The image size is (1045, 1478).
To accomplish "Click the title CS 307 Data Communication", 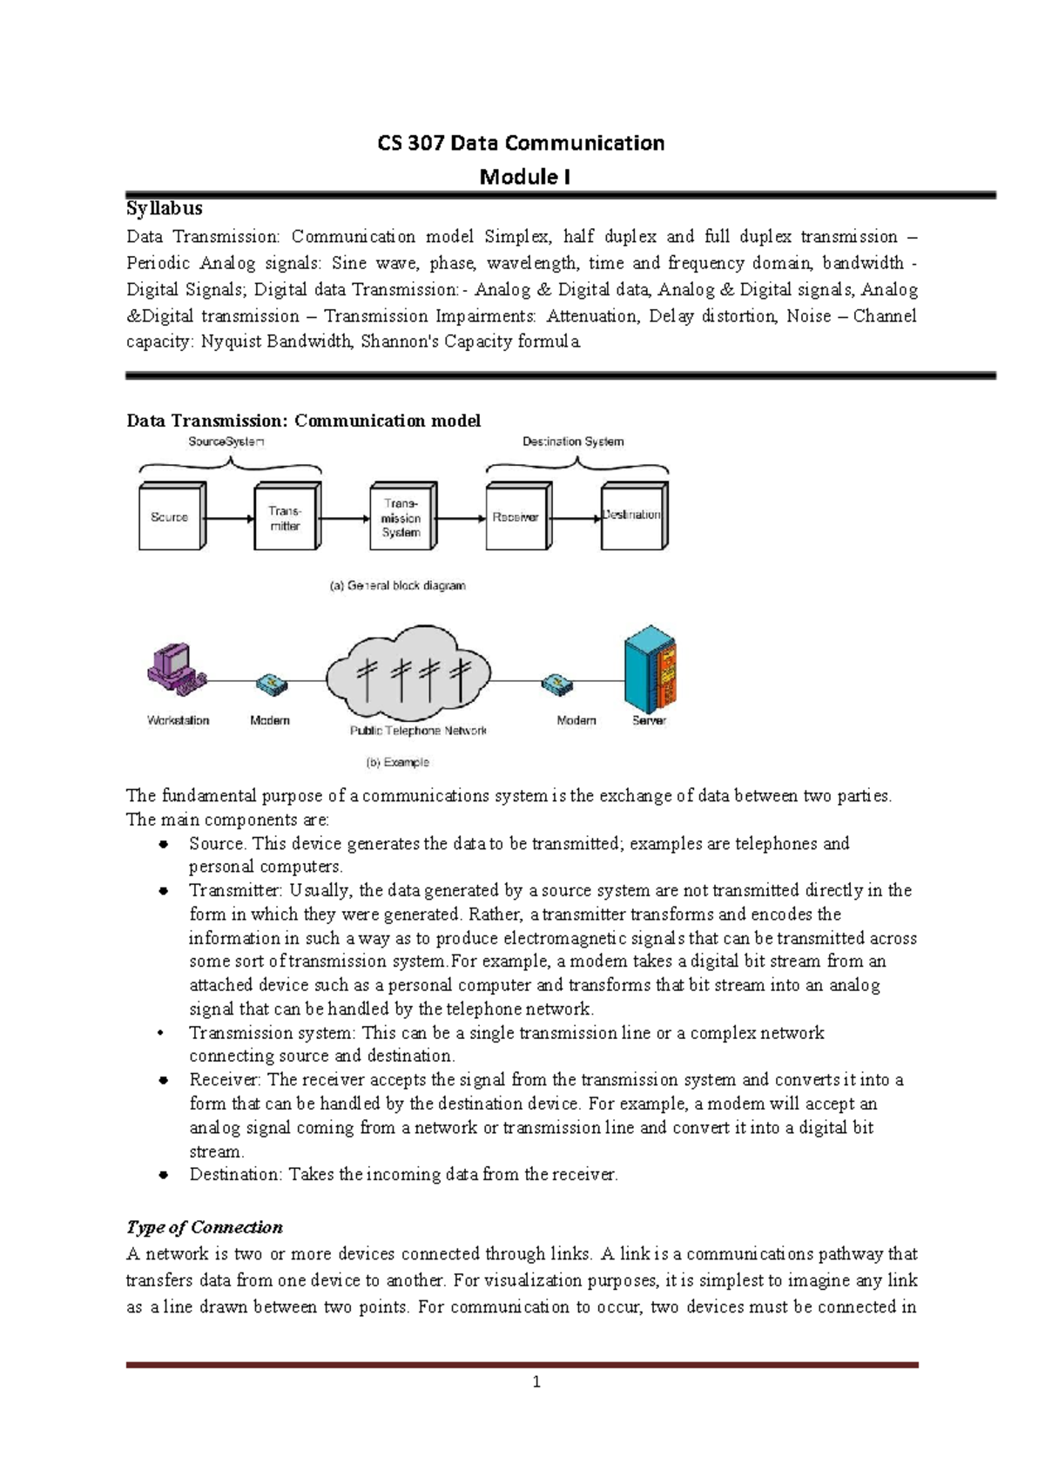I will click(521, 143).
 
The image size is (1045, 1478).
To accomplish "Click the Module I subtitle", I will click(525, 177).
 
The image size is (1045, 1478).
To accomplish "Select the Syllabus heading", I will click(165, 208).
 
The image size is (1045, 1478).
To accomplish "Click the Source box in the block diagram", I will click(171, 517).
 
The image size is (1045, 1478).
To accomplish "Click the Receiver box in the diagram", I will click(516, 517).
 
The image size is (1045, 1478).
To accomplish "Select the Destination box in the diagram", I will click(632, 516).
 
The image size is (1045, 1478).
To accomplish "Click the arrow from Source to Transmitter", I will click(230, 520).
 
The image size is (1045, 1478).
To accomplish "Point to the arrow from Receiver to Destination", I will click(576, 520).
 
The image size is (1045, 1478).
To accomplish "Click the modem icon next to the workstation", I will click(271, 685).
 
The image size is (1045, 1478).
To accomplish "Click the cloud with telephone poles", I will click(408, 675).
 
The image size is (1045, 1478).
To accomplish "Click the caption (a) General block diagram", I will click(397, 586).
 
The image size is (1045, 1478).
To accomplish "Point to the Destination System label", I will click(573, 442).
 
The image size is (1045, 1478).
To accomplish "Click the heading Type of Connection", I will click(205, 1227).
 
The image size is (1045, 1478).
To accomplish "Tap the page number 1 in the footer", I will click(536, 1382).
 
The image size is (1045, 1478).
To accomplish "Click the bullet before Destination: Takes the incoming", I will click(163, 1175).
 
